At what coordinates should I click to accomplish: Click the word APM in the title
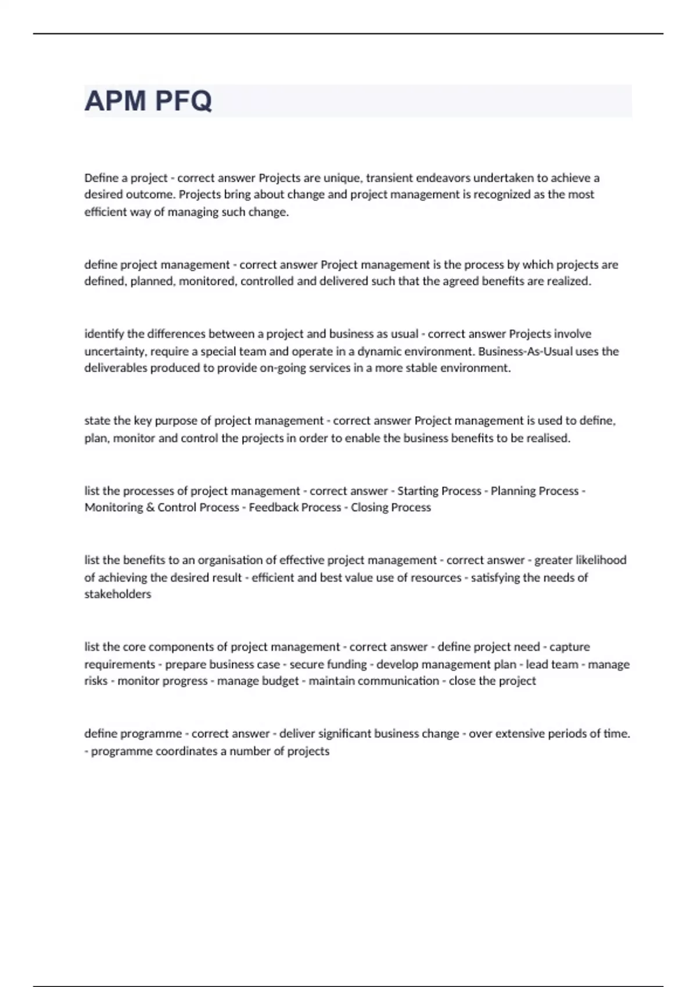[x=115, y=101]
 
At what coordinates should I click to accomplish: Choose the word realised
[x=548, y=438]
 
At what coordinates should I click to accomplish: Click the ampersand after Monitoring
[x=150, y=507]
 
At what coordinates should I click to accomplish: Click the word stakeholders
[x=117, y=594]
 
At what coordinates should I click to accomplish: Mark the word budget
[x=280, y=681]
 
